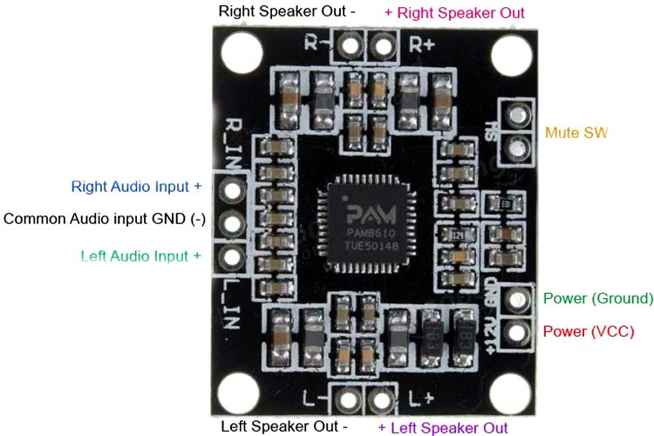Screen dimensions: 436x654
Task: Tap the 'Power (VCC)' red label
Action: pos(589,332)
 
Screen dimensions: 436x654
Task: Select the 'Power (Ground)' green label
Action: pos(597,299)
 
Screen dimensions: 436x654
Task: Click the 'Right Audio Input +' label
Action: pos(136,187)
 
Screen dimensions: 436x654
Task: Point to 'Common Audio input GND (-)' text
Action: pos(105,219)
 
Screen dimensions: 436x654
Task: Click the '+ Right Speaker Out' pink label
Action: pos(454,13)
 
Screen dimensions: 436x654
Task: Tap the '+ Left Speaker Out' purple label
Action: pos(442,427)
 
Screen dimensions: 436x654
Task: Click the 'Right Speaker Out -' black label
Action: pos(288,12)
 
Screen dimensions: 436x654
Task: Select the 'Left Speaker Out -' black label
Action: pos(284,427)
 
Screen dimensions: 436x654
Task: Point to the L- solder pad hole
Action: pos(349,401)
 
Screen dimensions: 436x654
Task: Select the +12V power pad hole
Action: pos(518,331)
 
